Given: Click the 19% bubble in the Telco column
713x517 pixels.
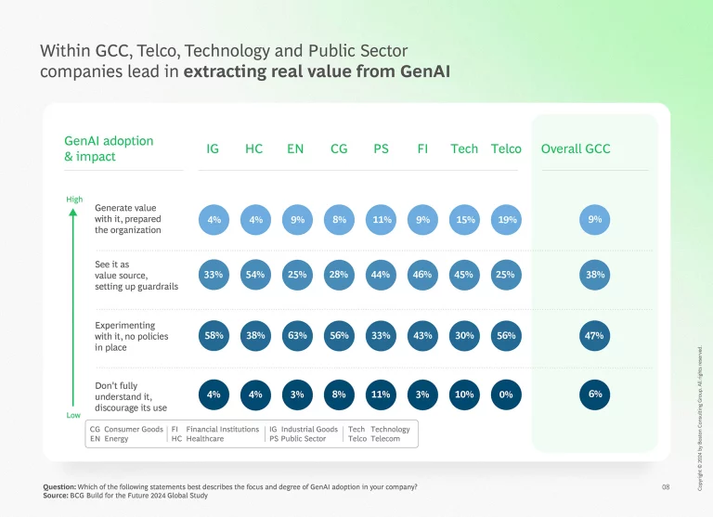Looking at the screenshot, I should (506, 220).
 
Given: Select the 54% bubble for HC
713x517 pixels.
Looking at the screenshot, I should (255, 275).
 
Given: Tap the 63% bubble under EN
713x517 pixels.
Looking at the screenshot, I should (297, 335).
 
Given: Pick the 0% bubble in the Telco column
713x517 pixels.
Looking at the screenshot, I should (506, 394).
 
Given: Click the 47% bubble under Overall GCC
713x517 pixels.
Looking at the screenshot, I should (595, 335).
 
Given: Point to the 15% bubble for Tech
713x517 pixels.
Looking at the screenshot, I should (464, 220).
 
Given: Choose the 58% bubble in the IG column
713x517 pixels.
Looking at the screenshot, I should (214, 335).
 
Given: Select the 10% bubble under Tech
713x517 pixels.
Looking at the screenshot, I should (464, 394).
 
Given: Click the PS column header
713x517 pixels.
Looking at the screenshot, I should (381, 149).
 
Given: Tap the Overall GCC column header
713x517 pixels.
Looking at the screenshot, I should (576, 149).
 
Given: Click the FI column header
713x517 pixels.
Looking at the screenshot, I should (422, 149).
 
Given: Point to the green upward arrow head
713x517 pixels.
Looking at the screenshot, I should (73, 212).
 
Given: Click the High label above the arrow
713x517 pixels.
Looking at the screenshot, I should (74, 200).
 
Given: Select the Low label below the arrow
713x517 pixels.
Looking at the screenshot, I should (73, 415).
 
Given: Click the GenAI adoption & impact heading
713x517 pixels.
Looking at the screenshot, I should (109, 149).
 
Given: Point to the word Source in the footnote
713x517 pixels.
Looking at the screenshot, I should (56, 496).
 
